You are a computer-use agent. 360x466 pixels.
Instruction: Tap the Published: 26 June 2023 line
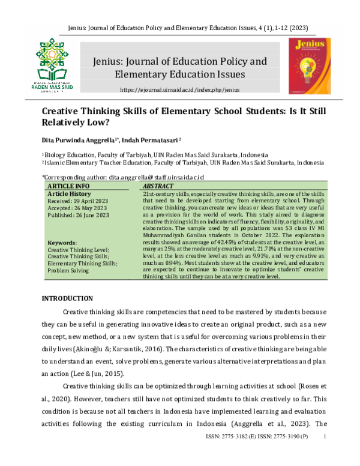click(x=78, y=215)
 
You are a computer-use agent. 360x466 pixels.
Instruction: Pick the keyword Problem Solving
click(x=68, y=270)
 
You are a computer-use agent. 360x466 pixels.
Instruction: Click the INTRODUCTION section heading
click(x=67, y=298)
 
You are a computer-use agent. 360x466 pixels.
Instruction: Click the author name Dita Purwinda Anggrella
click(x=77, y=140)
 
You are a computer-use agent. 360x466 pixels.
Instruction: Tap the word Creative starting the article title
click(x=60, y=112)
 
